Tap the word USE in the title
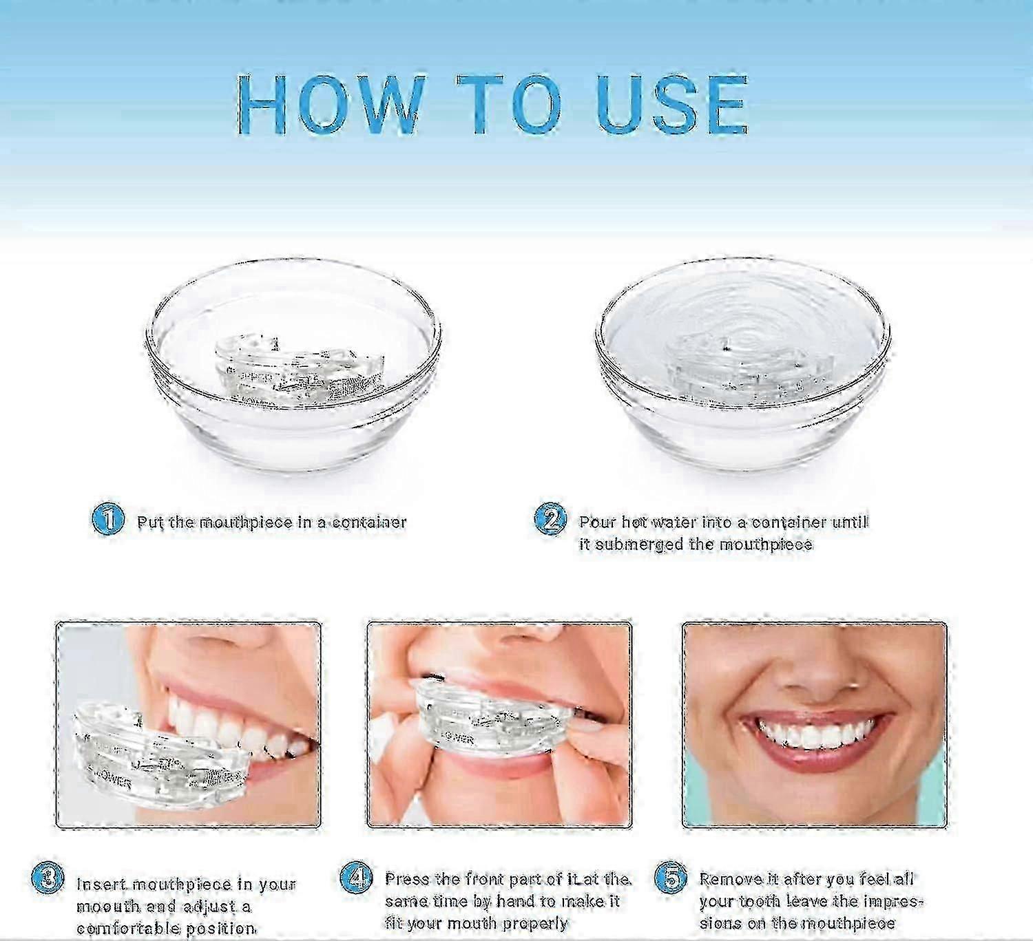(672, 105)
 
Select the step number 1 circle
(108, 518)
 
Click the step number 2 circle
(550, 518)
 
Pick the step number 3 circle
(49, 878)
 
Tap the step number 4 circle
(357, 877)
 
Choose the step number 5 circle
(670, 877)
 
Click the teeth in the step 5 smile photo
(816, 735)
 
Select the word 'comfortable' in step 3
(121, 929)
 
